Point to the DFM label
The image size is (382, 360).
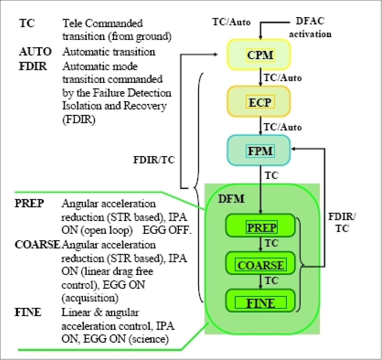231,199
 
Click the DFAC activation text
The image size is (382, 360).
310,27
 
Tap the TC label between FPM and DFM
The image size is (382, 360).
271,175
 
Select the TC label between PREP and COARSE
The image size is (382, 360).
271,243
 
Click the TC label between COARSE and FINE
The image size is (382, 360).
271,280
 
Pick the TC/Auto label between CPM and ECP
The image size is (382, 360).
283,78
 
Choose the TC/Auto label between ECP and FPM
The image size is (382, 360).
283,127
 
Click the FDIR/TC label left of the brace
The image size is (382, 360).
154,159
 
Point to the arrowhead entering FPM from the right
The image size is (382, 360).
293,149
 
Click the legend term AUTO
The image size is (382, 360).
35,52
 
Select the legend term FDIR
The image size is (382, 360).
33,66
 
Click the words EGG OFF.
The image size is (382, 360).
167,230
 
